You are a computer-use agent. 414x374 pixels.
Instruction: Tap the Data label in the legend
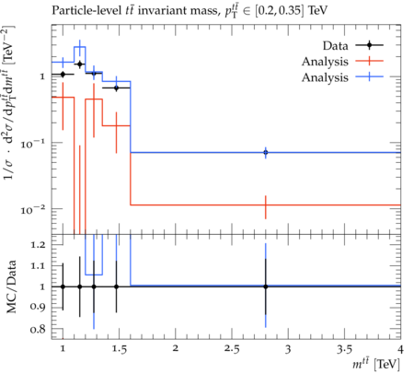click(335, 46)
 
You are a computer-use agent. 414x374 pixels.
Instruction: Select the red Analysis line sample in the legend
click(369, 61)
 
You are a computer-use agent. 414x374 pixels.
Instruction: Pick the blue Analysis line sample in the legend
click(369, 76)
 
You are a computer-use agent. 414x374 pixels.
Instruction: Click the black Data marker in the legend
click(369, 45)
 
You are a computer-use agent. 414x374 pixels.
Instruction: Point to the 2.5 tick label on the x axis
click(232, 349)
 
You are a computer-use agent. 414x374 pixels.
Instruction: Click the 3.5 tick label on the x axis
click(344, 349)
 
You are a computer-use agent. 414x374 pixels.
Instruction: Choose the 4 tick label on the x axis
click(400, 349)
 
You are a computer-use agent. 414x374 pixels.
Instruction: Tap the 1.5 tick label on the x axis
click(119, 349)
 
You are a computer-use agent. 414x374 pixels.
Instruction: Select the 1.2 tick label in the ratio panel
click(38, 245)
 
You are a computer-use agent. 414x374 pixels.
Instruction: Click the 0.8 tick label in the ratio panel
click(38, 329)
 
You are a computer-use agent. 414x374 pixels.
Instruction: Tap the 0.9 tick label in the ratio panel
click(38, 307)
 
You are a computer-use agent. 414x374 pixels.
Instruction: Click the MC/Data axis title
click(11, 286)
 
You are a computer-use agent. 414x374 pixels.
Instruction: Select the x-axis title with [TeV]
click(376, 364)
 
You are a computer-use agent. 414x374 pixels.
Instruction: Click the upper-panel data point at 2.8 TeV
click(266, 152)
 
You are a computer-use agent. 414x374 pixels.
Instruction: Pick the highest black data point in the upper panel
click(80, 64)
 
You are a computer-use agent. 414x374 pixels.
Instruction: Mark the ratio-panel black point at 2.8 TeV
click(266, 286)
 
